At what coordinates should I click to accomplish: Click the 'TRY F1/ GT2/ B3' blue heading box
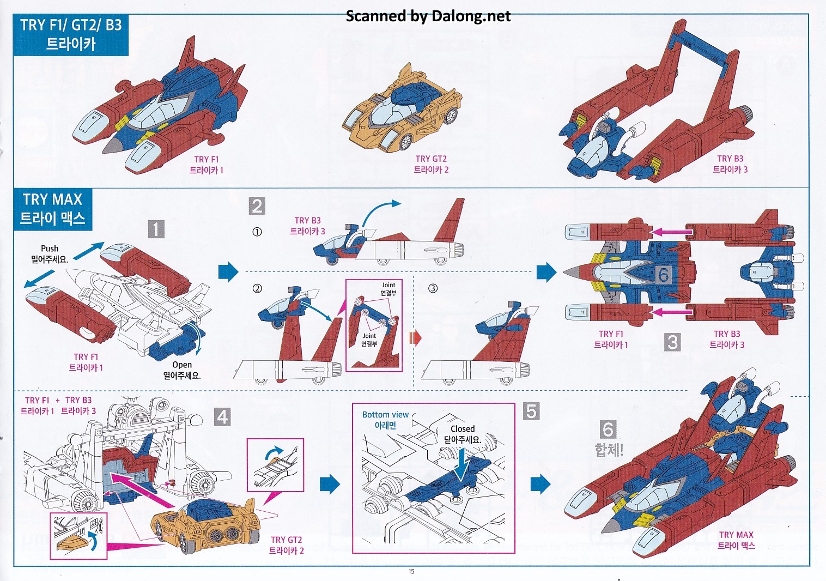pyautogui.click(x=71, y=34)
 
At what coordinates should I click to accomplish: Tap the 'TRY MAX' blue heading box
pyautogui.click(x=52, y=209)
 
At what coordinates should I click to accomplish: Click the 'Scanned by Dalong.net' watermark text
pyautogui.click(x=428, y=16)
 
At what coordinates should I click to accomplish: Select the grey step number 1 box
pyautogui.click(x=156, y=229)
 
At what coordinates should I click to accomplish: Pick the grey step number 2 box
pyautogui.click(x=257, y=206)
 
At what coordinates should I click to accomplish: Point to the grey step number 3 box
pyautogui.click(x=673, y=342)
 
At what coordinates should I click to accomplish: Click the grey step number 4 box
pyautogui.click(x=222, y=417)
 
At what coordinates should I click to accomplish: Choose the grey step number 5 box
pyautogui.click(x=531, y=411)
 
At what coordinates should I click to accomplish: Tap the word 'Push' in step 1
pyautogui.click(x=50, y=249)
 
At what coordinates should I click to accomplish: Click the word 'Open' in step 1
pyautogui.click(x=182, y=365)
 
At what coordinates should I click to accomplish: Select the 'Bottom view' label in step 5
pyautogui.click(x=385, y=415)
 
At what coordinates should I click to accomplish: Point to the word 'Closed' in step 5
pyautogui.click(x=463, y=429)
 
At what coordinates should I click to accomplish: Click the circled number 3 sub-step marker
pyautogui.click(x=433, y=288)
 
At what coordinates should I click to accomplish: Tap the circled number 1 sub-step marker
pyautogui.click(x=257, y=232)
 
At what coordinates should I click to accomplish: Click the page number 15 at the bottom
pyautogui.click(x=411, y=571)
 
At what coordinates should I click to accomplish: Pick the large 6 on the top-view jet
pyautogui.click(x=663, y=275)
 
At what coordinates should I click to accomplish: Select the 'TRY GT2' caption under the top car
pyautogui.click(x=431, y=159)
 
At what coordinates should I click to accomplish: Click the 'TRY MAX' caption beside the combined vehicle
pyautogui.click(x=736, y=535)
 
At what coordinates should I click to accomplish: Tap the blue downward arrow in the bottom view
pyautogui.click(x=463, y=466)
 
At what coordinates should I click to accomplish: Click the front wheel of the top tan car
pyautogui.click(x=406, y=142)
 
